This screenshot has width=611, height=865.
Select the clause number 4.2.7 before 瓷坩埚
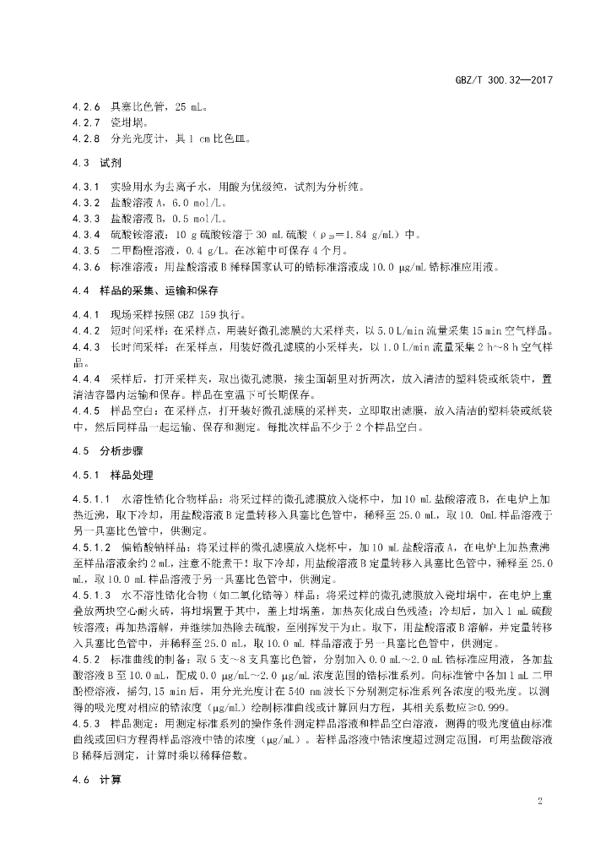click(x=86, y=122)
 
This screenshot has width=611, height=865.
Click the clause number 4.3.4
click(x=86, y=234)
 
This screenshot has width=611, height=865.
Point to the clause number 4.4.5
click(x=86, y=409)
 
